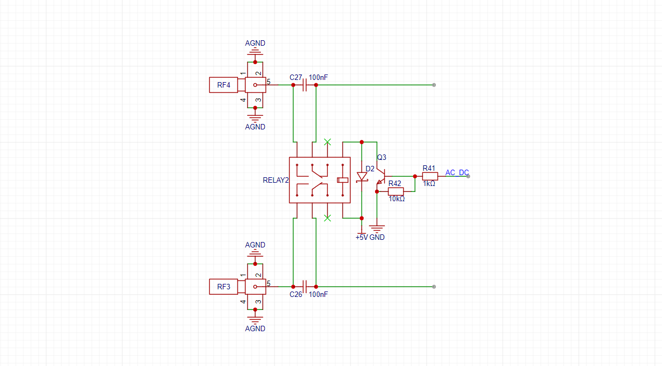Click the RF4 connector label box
[223, 85]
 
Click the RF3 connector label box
[223, 287]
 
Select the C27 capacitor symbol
[305, 85]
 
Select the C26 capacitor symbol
[305, 287]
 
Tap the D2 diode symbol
[362, 177]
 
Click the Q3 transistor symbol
[382, 177]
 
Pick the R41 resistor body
[430, 176]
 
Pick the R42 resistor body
[396, 191]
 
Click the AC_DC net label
[457, 172]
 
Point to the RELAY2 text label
[276, 180]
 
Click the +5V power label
[362, 238]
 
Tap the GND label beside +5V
[377, 238]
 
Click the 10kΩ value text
[397, 199]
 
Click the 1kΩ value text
[429, 184]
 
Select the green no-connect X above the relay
[327, 142]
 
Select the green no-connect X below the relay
[327, 218]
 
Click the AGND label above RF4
[255, 43]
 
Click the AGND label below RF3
[255, 329]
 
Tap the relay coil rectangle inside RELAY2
[343, 180]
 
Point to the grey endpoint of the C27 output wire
[434, 85]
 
